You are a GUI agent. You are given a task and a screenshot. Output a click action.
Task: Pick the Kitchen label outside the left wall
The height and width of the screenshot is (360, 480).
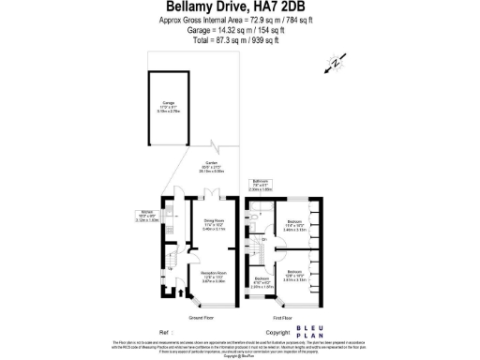coord(147,215)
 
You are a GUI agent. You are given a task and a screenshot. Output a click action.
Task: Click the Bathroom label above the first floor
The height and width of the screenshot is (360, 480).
coord(262,185)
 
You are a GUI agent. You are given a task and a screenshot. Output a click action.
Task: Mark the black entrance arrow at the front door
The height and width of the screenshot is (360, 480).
coord(169,293)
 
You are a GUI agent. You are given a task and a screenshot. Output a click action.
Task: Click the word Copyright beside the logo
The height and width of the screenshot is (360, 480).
coord(277,332)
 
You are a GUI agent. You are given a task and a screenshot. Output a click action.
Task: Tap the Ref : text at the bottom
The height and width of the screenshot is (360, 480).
coord(168,332)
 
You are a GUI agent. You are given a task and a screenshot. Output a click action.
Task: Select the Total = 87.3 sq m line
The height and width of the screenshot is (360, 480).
coord(240,40)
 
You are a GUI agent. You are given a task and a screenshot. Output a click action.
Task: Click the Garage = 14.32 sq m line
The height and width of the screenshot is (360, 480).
coord(240,29)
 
